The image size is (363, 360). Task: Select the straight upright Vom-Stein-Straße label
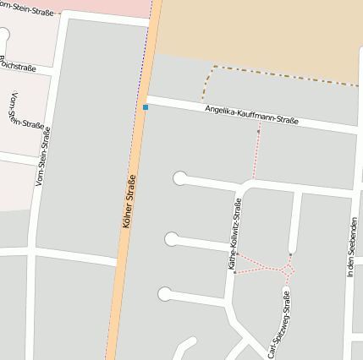(x=42, y=155)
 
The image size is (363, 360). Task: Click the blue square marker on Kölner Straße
(x=146, y=107)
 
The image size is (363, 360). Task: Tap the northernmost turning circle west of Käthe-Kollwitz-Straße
(x=179, y=177)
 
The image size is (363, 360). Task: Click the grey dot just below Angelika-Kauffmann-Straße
(x=259, y=132)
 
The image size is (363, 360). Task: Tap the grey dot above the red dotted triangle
(x=290, y=254)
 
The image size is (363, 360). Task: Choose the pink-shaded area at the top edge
(x=110, y=7)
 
